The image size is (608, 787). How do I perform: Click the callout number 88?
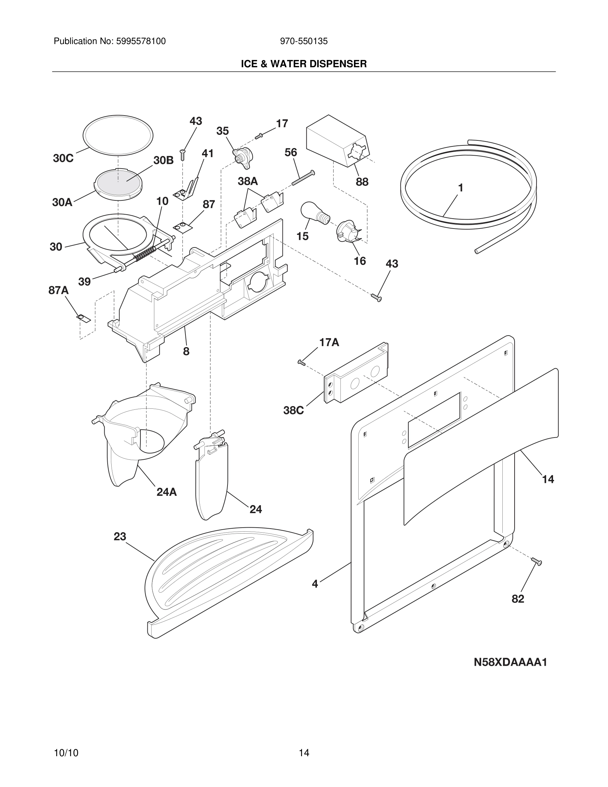(x=362, y=182)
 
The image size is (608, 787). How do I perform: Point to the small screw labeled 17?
(x=259, y=136)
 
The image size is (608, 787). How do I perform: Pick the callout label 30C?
(x=63, y=158)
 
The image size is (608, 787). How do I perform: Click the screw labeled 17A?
(x=301, y=362)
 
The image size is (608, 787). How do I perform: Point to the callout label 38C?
(x=293, y=410)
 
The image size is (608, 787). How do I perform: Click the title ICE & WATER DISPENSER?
(x=304, y=64)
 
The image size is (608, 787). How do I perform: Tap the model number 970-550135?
(x=304, y=41)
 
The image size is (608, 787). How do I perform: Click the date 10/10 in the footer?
(x=66, y=753)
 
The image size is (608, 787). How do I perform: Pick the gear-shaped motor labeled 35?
(x=242, y=156)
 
